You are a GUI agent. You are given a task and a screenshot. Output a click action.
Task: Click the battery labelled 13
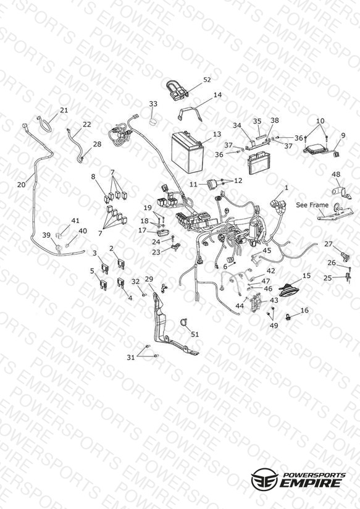point(187,153)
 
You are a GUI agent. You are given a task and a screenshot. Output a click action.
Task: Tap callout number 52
point(207,80)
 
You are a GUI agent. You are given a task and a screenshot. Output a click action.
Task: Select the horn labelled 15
point(291,290)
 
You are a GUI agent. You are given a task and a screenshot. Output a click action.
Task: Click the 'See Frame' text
point(312,205)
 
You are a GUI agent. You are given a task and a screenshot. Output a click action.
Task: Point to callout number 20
point(22,185)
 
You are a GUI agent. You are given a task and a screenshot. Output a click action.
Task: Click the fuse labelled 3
point(105,268)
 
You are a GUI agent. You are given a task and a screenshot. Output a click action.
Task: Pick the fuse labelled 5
point(103,284)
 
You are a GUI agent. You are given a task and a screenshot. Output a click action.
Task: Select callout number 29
point(149,279)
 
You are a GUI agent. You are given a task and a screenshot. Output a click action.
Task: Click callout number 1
point(287,188)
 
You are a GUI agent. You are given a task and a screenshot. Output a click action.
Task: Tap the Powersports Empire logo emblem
point(265,479)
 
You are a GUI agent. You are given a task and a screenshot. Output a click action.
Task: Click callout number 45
point(267,250)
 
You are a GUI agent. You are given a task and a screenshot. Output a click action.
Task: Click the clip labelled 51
point(184,323)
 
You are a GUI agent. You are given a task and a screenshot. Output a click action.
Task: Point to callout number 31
point(130,358)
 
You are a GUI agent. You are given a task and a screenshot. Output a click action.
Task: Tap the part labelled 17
point(162,233)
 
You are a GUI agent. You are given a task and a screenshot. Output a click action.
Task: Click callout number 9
point(343,136)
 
